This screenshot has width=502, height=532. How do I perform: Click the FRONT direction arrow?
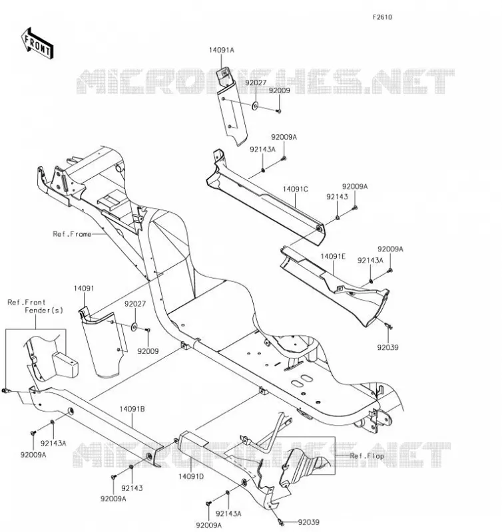[x=37, y=44]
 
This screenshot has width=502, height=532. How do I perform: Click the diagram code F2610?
[x=382, y=17]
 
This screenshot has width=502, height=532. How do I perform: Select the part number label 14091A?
[x=222, y=51]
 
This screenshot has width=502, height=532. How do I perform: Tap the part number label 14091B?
[x=132, y=409]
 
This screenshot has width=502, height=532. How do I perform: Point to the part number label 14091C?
[x=296, y=190]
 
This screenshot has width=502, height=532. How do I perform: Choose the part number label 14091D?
[x=191, y=476]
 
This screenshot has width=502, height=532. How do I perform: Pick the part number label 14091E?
[x=333, y=257]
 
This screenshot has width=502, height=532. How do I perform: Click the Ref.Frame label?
[x=72, y=234]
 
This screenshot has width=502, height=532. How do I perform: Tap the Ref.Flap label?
[x=367, y=456]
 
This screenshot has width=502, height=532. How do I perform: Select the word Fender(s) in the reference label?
[x=44, y=311]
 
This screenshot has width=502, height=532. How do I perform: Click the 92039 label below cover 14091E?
[x=387, y=347]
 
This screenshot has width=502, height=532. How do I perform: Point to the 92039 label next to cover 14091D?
[x=309, y=522]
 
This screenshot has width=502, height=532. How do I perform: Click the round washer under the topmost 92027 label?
[x=255, y=106]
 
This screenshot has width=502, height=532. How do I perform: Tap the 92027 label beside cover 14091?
[x=135, y=304]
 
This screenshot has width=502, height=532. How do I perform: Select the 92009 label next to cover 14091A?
[x=279, y=90]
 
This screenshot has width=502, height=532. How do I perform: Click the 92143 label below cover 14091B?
[x=132, y=488]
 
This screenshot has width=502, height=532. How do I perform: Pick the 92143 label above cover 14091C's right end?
[x=338, y=197]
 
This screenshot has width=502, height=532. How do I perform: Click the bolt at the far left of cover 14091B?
[x=5, y=391]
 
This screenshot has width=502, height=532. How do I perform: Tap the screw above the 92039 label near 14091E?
[x=388, y=326]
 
